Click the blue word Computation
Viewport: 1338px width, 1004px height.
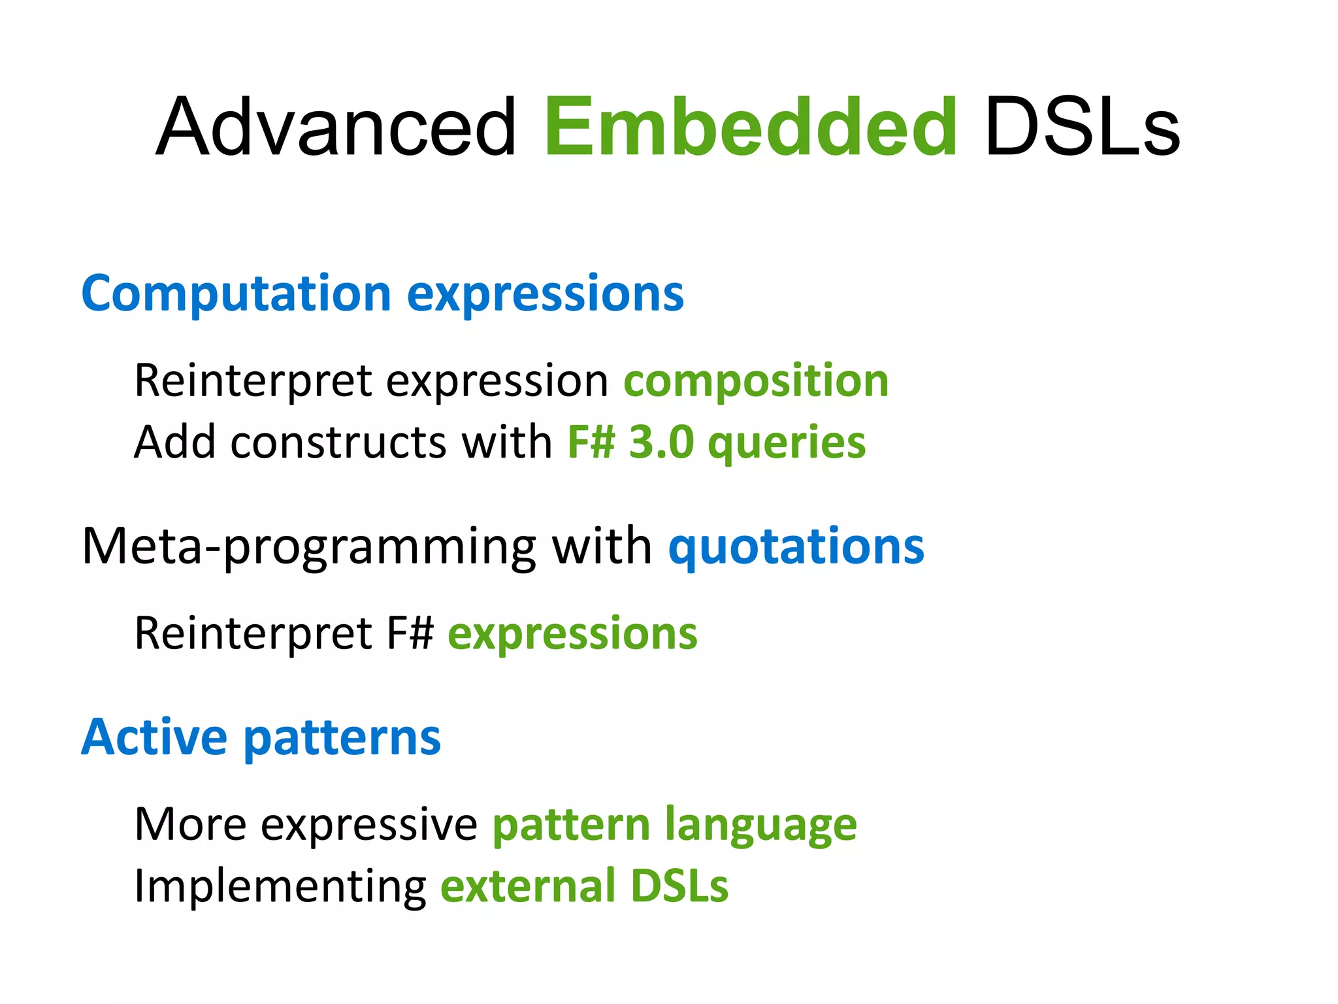[236, 293]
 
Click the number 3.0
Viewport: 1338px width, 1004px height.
[661, 443]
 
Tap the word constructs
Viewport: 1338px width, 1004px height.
[338, 443]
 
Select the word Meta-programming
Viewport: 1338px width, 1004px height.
[309, 547]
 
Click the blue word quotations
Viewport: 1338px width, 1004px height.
[796, 547]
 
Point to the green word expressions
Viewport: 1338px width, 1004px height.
[572, 634]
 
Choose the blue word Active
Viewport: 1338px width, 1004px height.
[154, 737]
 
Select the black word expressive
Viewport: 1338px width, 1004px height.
[369, 826]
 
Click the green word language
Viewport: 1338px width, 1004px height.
[760, 826]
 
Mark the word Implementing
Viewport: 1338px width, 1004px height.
[280, 888]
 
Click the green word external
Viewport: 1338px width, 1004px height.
[527, 886]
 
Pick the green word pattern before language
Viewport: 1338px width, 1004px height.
[570, 826]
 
